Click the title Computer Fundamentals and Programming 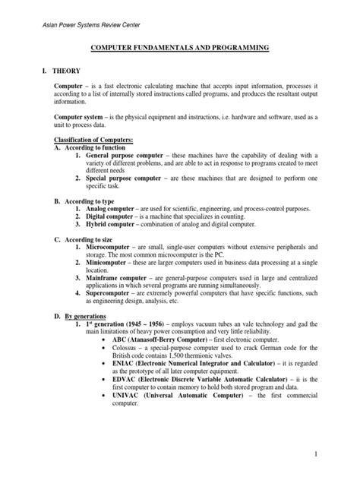[x=179, y=48]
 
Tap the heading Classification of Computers [x=92, y=142]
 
